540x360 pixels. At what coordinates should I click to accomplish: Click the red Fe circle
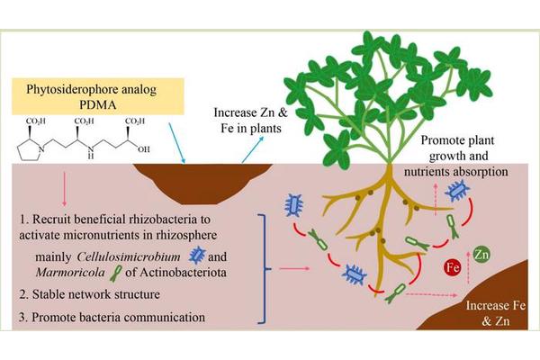[x=453, y=267]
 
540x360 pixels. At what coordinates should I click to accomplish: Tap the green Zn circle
[x=482, y=253]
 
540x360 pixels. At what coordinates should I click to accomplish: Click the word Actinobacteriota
[x=201, y=274]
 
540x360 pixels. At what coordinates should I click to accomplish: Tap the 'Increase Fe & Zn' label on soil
[x=486, y=310]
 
